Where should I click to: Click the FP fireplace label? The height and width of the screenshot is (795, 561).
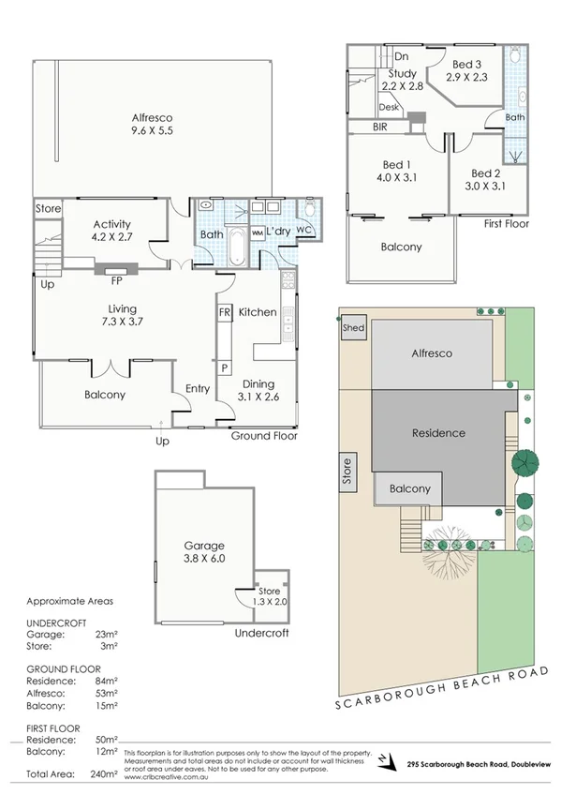(x=117, y=279)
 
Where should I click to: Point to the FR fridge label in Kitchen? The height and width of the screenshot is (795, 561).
(x=225, y=311)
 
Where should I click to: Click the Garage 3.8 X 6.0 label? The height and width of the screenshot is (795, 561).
(x=205, y=551)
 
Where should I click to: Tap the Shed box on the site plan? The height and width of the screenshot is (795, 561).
(x=353, y=328)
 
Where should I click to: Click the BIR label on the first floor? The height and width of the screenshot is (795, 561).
(x=381, y=126)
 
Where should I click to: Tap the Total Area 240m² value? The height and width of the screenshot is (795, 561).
(x=105, y=774)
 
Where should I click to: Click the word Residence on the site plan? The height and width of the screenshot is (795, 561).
(x=438, y=433)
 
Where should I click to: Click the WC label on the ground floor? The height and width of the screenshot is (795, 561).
(x=303, y=230)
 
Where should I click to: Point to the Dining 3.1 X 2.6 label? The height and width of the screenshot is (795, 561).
(x=258, y=390)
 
